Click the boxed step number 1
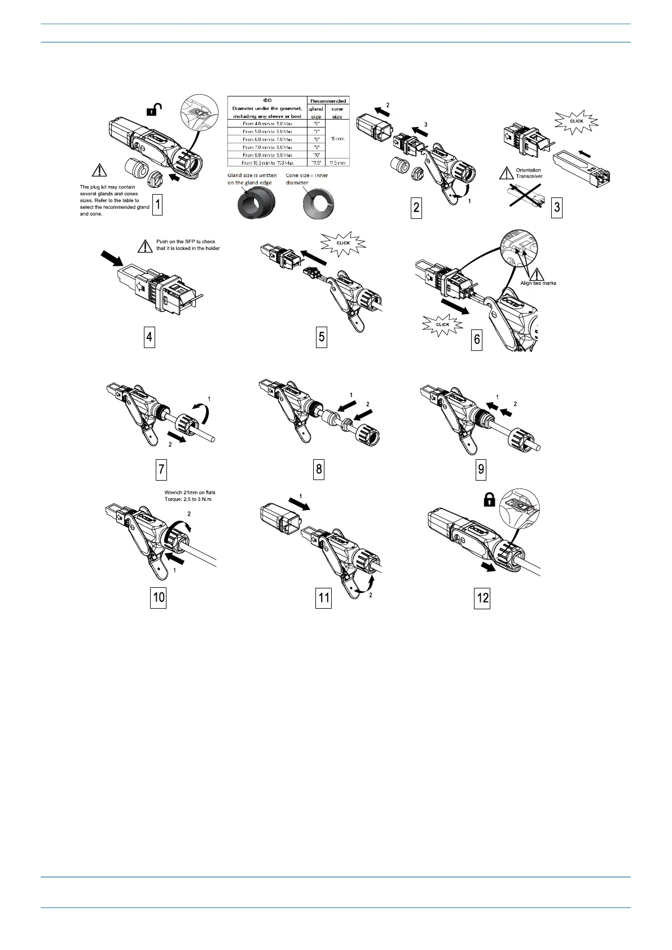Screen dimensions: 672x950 tap(158, 205)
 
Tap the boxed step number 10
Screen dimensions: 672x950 tap(159, 597)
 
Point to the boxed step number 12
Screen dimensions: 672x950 tap(483, 598)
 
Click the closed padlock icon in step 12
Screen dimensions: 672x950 tap(489, 499)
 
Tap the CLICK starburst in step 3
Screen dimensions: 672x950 tap(576, 121)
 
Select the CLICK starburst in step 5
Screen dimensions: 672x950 tap(343, 243)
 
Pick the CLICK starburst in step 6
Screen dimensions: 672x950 tap(443, 324)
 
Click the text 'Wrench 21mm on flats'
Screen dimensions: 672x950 tap(190, 492)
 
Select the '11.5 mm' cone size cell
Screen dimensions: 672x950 tap(337, 162)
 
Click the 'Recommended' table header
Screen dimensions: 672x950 tap(328, 101)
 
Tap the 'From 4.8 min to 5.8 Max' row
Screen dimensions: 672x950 tap(267, 123)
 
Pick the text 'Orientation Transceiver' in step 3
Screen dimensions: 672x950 tap(529, 173)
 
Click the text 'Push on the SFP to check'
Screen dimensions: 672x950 tap(186, 241)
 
